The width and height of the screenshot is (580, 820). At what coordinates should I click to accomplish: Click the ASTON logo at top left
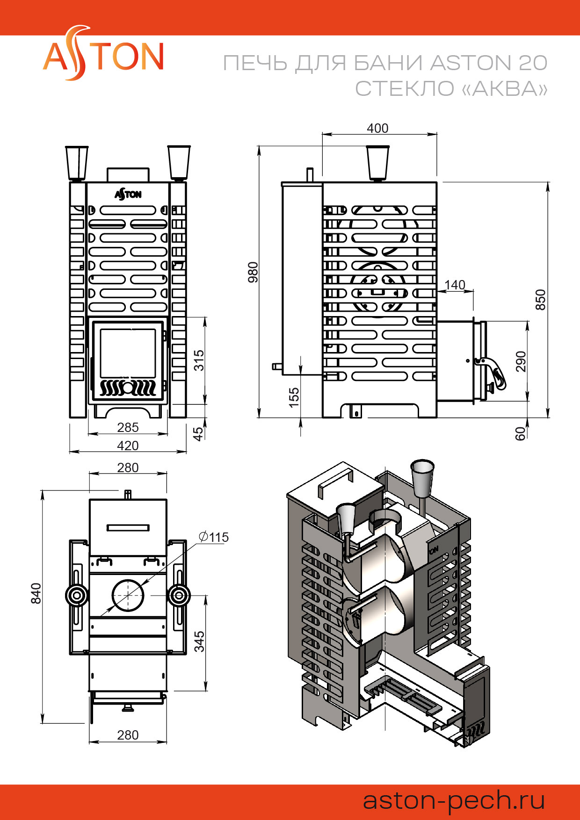103,55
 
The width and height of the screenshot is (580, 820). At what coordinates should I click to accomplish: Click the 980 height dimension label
253,272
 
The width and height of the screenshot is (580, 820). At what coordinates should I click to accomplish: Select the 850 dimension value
540,299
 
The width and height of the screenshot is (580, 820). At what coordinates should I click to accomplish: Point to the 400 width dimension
377,128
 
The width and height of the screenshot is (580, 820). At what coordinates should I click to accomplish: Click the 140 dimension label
455,285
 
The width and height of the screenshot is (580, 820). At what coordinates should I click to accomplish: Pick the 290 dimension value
521,361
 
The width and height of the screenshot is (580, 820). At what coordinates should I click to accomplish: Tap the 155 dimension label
294,398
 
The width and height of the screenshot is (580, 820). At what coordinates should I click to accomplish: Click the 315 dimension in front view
199,360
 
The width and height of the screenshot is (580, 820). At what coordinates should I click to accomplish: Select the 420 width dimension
128,446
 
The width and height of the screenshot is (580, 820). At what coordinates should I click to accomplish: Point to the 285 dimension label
128,427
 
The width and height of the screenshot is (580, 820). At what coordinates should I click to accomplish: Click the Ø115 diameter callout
214,537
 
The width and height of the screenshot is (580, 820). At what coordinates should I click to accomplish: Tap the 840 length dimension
36,593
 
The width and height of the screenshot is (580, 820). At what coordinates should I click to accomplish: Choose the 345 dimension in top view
199,641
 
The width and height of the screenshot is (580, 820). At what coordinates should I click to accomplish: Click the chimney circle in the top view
128,595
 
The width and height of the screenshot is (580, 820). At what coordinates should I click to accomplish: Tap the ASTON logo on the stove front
128,194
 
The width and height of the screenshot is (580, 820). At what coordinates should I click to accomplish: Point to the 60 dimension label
520,433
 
